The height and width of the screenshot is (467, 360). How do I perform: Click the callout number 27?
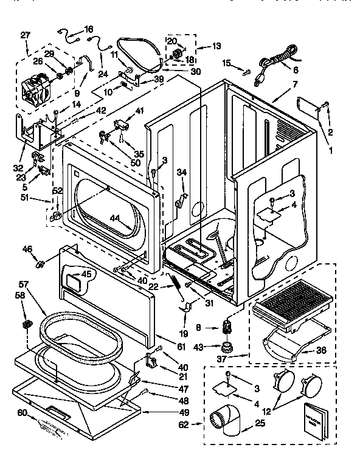(x=25, y=35)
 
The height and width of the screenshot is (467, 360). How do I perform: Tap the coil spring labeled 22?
(x=176, y=286)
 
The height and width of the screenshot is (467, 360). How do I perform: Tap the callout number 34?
(x=181, y=173)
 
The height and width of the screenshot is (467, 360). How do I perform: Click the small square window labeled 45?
(x=75, y=281)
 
